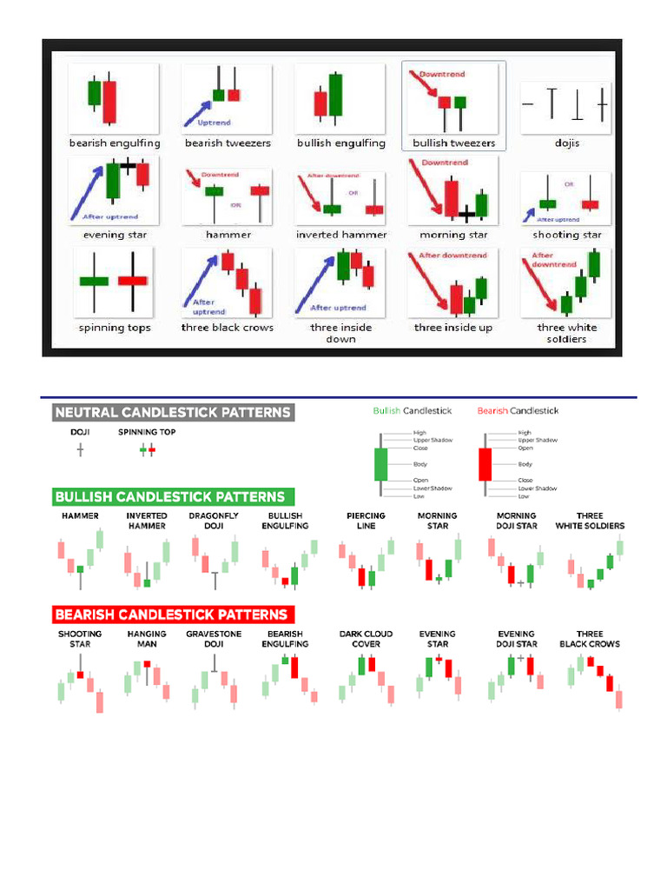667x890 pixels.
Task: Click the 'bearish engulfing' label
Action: coord(115,143)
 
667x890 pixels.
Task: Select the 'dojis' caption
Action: coord(567,143)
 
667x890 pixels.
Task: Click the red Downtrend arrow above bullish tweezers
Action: coord(431,88)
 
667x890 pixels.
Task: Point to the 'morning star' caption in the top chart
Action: coord(453,235)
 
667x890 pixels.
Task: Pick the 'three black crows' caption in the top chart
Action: coord(228,328)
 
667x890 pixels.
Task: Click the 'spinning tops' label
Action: coord(114,328)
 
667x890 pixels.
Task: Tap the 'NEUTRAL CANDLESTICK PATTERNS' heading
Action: coord(174,412)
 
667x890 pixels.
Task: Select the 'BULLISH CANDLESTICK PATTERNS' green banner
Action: coord(170,497)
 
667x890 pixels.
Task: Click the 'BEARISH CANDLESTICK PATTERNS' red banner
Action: coord(171,614)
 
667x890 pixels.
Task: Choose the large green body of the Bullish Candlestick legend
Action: coord(380,464)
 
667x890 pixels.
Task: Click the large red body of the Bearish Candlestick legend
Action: coord(485,464)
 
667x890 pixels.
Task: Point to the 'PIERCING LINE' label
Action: coord(366,521)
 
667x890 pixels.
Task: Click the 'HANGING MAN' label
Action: coord(147,639)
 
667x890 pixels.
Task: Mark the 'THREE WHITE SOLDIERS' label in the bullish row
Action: coord(590,521)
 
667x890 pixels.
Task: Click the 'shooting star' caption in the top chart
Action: coord(567,235)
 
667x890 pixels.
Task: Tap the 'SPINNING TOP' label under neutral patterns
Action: coord(145,431)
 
